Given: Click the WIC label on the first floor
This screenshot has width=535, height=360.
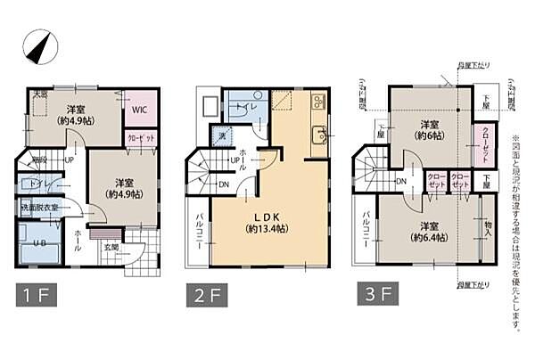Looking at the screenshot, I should click(139, 110).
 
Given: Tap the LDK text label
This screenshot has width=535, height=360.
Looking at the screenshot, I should click(267, 217).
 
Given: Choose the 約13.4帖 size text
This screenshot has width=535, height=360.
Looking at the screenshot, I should click(267, 229).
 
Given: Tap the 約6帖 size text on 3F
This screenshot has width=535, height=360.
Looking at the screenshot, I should click(432, 136).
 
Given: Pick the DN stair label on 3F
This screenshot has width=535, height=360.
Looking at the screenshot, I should click(401, 181).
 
